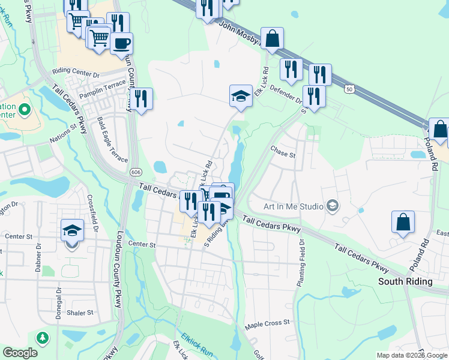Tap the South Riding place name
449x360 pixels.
coord(405,281)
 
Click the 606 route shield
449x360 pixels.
coord(131,172)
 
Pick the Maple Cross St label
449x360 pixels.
coord(267,323)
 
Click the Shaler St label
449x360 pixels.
coord(80,313)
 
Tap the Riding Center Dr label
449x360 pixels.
coord(76,71)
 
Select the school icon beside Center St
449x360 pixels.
coord(71,230)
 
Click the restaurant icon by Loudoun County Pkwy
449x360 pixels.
coord(141,99)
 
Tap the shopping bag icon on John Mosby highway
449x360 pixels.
coord(272,38)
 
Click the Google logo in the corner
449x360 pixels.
coord(20,353)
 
